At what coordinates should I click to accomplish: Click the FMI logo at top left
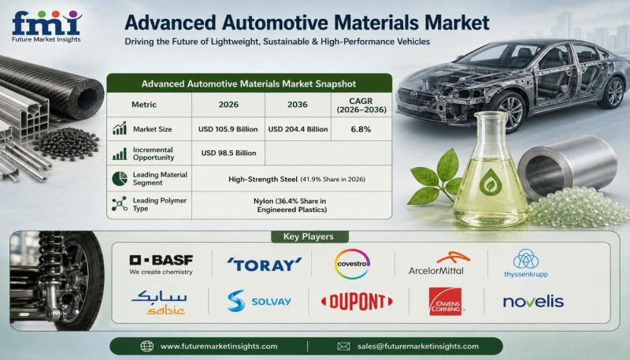46,27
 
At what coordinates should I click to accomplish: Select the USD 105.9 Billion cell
228,129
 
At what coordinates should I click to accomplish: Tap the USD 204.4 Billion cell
298,129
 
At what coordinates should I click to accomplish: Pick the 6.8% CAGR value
361,129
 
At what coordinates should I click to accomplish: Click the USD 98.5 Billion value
228,153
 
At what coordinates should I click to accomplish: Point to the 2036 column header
298,105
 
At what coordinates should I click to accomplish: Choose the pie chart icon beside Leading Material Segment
120,179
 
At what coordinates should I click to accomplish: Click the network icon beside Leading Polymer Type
120,204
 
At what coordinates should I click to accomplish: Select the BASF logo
161,265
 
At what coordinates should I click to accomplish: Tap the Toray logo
264,265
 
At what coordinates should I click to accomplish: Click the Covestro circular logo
352,264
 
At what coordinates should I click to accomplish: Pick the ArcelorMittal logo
438,264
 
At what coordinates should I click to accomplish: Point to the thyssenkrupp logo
526,264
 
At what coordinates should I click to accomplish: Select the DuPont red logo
357,302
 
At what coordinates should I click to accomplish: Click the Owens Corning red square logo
445,302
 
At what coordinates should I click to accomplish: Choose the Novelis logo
534,302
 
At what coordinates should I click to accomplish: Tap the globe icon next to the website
146,347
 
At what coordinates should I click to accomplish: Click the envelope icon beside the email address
343,347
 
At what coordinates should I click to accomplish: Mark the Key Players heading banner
309,236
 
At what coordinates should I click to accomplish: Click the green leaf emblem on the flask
490,182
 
